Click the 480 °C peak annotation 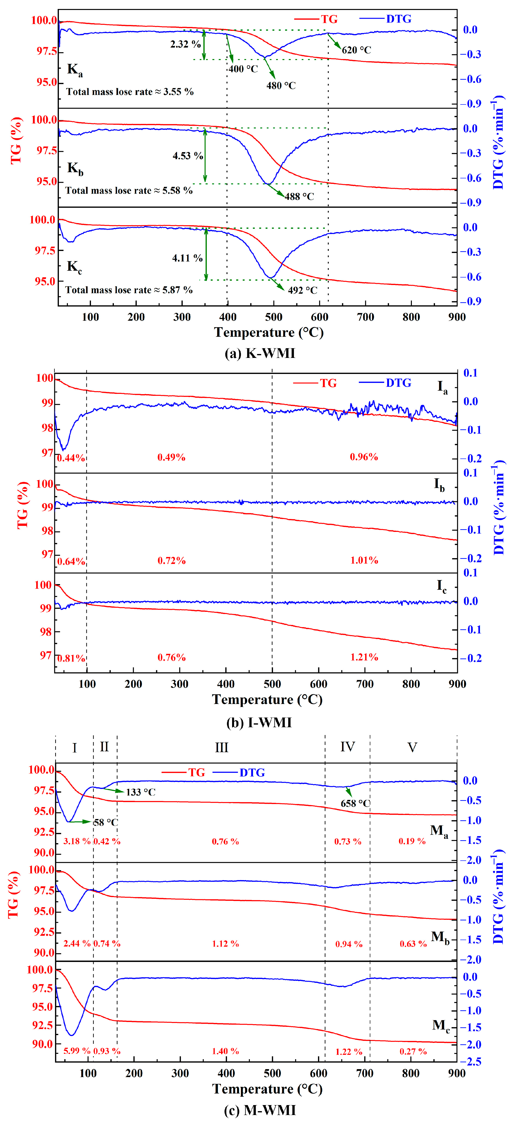coord(281,86)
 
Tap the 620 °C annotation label coord(356,50)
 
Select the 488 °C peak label coord(299,197)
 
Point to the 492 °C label coord(302,290)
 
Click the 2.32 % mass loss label coord(185,44)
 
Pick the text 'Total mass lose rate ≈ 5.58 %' coord(129,190)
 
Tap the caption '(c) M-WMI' coord(260,1110)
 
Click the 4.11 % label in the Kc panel coord(187,258)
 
